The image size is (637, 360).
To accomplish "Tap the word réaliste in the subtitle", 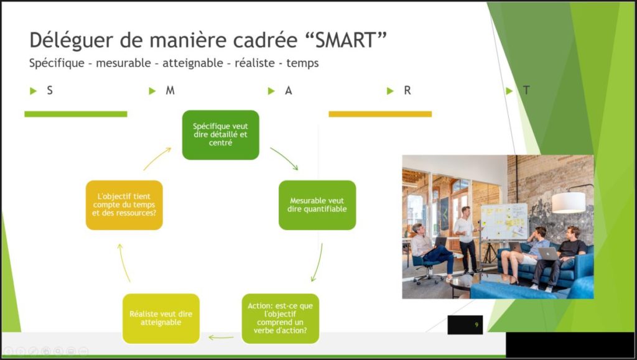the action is click(254, 63).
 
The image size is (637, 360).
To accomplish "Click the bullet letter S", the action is click(50, 91).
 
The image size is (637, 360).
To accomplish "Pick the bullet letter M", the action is click(170, 91).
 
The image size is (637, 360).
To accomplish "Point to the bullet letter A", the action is click(289, 91).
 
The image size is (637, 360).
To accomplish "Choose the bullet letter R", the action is click(407, 91).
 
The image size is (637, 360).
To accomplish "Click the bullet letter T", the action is click(526, 90).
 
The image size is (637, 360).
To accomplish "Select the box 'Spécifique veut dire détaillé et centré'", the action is click(221, 135).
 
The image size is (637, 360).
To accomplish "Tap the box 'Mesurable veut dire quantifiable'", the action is click(317, 205).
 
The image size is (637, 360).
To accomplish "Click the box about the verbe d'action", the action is click(281, 318).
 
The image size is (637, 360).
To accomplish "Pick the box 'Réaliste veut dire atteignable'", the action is click(161, 318).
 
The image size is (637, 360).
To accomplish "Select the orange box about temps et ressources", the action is click(124, 205).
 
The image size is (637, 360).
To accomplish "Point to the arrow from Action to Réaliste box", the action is click(221, 337).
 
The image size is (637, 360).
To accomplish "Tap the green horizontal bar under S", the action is click(75, 114).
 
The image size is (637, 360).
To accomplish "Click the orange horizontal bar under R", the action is click(380, 114).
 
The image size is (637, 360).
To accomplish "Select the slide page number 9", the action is click(477, 325).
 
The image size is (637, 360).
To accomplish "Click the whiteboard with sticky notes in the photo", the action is click(504, 221).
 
